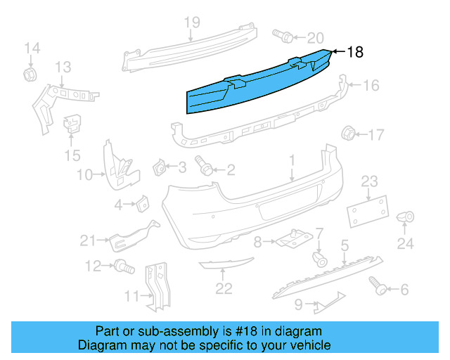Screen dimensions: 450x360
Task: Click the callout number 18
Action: (x=355, y=52)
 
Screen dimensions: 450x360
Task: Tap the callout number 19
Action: (x=192, y=22)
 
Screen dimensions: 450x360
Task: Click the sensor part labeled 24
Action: (x=405, y=218)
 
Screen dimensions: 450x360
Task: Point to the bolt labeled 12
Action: (x=124, y=266)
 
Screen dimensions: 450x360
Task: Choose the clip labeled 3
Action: (x=159, y=168)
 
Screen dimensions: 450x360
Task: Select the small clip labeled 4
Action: (x=141, y=203)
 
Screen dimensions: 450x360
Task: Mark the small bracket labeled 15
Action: (x=72, y=125)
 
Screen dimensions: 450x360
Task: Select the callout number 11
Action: (x=131, y=297)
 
